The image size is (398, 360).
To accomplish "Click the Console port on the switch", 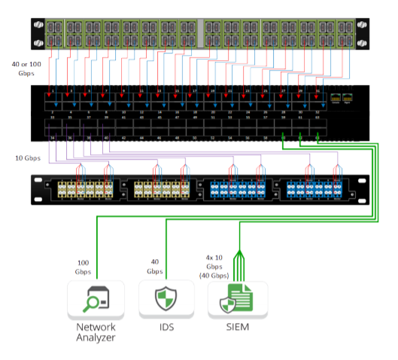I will point(335,98).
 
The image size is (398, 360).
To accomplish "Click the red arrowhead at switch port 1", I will point(52,98).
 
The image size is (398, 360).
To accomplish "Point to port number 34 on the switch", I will point(52,139).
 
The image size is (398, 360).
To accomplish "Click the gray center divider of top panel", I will point(198,32).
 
